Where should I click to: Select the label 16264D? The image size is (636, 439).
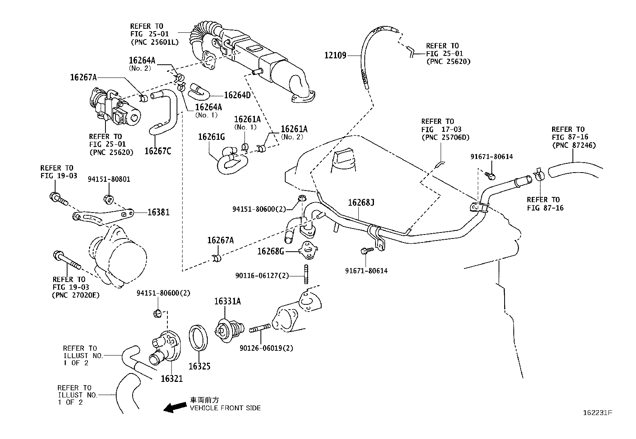coord(237,95)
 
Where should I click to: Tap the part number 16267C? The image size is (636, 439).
coord(158,151)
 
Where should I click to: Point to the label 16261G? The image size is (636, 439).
coord(211,137)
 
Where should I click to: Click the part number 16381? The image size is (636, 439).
coord(159,213)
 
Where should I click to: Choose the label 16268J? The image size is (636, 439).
coord(361,203)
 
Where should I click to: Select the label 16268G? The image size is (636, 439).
coord(270,251)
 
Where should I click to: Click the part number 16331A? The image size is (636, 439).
coord(227,302)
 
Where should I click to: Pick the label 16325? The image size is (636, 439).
coord(199,366)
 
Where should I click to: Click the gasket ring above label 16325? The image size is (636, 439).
coord(198,337)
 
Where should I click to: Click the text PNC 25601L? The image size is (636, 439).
coord(154,42)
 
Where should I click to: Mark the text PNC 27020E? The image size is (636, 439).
coord(76,295)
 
